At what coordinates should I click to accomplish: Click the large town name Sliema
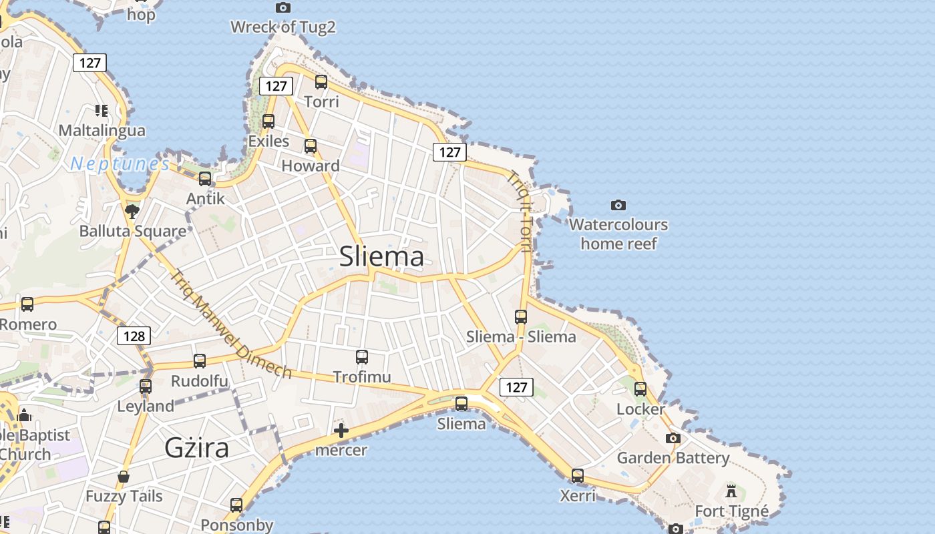pyautogui.click(x=381, y=256)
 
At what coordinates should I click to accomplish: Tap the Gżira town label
pyautogui.click(x=197, y=447)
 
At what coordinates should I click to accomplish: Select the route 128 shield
pyautogui.click(x=134, y=336)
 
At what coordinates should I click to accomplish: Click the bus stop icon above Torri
pyautogui.click(x=321, y=82)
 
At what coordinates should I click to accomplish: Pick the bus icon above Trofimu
pyautogui.click(x=362, y=357)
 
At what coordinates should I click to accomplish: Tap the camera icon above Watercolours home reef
pyautogui.click(x=618, y=205)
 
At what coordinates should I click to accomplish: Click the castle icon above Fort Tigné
pyautogui.click(x=731, y=491)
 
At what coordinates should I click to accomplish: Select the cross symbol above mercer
pyautogui.click(x=341, y=431)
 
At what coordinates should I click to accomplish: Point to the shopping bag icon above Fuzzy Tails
pyautogui.click(x=124, y=477)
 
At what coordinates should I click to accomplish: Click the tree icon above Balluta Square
pyautogui.click(x=132, y=212)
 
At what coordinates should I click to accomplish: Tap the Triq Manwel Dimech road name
pyautogui.click(x=230, y=324)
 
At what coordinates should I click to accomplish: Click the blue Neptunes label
pyautogui.click(x=120, y=164)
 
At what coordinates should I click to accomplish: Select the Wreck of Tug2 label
pyautogui.click(x=283, y=27)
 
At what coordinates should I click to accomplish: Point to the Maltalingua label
pyautogui.click(x=102, y=129)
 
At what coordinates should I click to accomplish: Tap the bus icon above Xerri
pyautogui.click(x=578, y=476)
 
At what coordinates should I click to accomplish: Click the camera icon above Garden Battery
pyautogui.click(x=673, y=439)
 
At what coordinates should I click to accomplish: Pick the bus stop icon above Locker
pyautogui.click(x=640, y=388)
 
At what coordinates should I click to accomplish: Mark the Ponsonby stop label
pyautogui.click(x=237, y=525)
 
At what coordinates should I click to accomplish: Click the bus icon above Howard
pyautogui.click(x=311, y=146)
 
